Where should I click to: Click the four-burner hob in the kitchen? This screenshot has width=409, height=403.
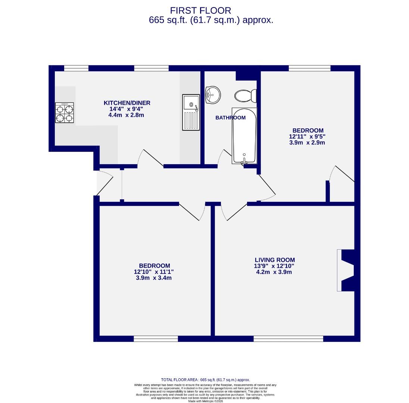(x=65, y=113)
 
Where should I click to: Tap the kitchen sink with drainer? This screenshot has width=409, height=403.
(x=191, y=112)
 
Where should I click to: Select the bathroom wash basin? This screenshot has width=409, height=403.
(x=213, y=94)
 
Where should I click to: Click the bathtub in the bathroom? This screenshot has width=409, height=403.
(x=245, y=136)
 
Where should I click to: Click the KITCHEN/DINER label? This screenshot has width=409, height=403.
(x=127, y=103)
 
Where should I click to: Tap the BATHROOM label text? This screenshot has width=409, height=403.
(x=231, y=118)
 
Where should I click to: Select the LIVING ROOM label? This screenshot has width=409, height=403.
(x=275, y=260)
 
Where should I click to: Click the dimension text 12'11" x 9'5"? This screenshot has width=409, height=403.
(x=307, y=137)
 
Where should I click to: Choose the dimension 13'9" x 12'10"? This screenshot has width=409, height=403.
(x=275, y=266)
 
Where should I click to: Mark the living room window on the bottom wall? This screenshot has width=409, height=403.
(x=288, y=338)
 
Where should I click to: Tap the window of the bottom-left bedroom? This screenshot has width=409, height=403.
(x=156, y=338)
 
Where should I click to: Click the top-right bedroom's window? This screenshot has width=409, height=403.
(x=309, y=68)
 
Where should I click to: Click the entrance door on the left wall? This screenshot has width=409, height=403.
(x=104, y=183)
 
